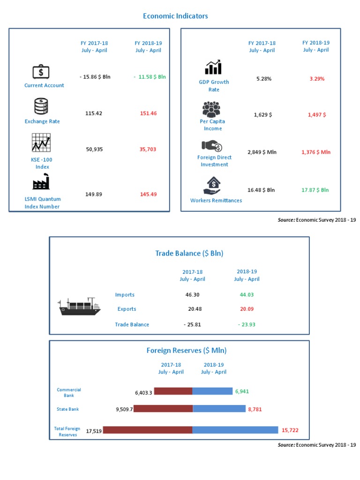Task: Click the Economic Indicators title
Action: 175,16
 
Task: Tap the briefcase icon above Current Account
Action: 41,72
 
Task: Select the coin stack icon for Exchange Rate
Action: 41,106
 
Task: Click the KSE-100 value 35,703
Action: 148,149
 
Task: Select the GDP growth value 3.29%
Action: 317,79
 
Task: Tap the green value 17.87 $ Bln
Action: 315,190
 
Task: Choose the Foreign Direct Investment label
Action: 214,161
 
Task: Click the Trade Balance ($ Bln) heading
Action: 189,253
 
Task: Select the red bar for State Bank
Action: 163,409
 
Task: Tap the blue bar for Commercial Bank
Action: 212,391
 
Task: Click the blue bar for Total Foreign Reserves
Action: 235,430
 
